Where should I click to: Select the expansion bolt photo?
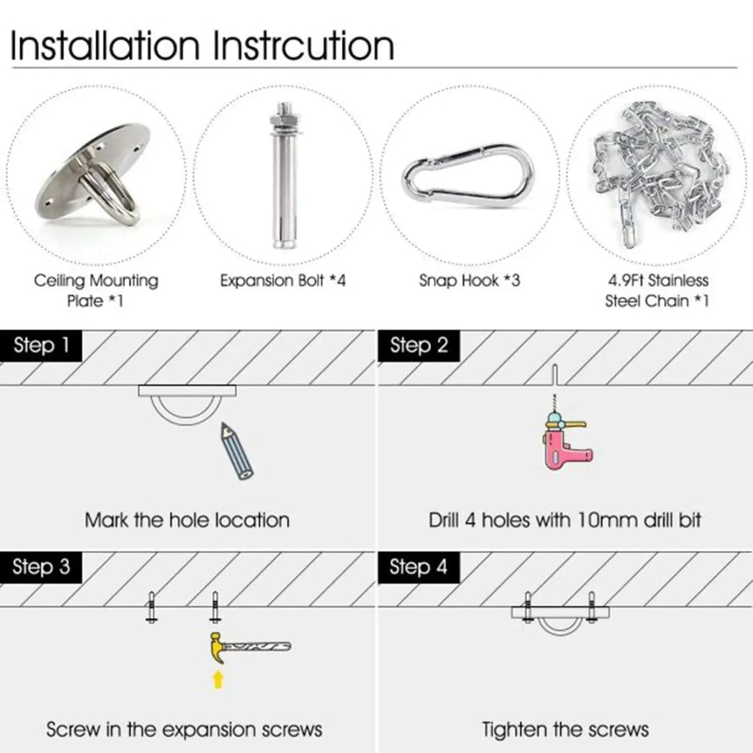tap(284, 175)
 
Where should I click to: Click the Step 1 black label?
tap(41, 346)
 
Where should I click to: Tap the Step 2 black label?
tap(418, 346)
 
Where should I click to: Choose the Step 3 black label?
tap(41, 567)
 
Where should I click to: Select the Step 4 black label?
tap(418, 567)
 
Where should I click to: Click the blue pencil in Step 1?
tap(236, 451)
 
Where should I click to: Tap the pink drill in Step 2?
tap(565, 438)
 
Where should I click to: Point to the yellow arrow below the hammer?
tap(218, 680)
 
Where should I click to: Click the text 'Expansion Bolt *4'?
tap(283, 280)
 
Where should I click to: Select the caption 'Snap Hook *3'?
tap(469, 280)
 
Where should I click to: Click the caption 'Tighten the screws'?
tap(565, 729)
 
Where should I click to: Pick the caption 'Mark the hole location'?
tap(188, 520)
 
